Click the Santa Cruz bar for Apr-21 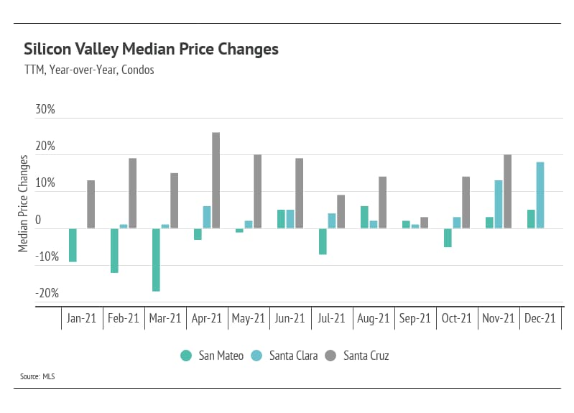tap(216, 180)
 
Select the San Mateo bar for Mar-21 tap(155, 259)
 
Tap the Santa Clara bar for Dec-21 tap(540, 195)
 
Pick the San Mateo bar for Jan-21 tap(73, 245)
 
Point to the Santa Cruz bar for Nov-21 tap(507, 192)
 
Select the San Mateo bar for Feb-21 tap(114, 251)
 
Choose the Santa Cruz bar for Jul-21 tap(341, 212)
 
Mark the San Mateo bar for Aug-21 tap(364, 217)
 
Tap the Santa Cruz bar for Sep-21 tap(424, 223)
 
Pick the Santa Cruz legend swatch tap(330, 355)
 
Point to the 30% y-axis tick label tap(45, 110)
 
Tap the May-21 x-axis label tap(248, 318)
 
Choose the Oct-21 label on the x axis tap(457, 318)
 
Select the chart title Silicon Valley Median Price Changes tap(151, 50)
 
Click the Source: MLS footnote tap(37, 376)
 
